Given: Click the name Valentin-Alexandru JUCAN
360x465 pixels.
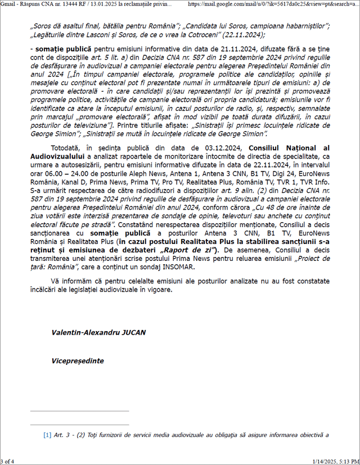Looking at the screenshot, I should [98, 332].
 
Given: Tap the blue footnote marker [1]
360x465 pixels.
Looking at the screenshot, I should [47, 435].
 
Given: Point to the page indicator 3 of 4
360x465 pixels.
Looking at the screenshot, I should [8, 461].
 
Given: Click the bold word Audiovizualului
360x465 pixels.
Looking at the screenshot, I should [57, 156].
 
